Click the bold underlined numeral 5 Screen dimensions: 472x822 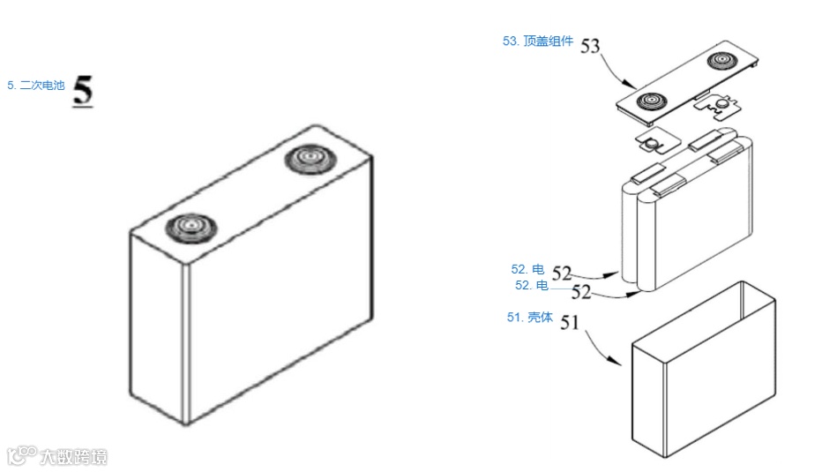[83, 91]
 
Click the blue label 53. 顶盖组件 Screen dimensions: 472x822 [538, 41]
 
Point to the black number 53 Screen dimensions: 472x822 [591, 47]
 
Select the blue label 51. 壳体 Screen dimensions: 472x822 [529, 318]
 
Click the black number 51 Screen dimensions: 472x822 [571, 323]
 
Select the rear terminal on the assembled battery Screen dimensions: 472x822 [310, 161]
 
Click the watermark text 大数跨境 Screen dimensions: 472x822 [73, 456]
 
